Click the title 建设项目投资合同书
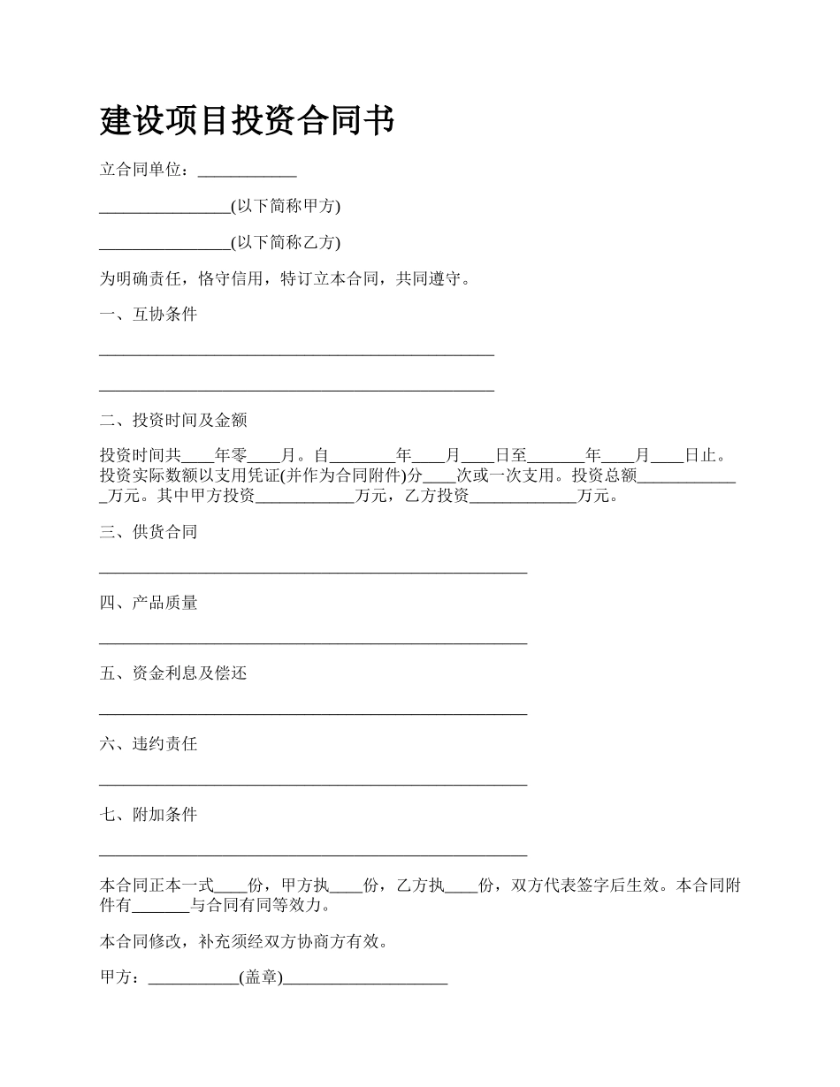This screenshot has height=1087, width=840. tap(247, 121)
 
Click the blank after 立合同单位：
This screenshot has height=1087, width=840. tap(247, 171)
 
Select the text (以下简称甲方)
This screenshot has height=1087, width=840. tap(286, 206)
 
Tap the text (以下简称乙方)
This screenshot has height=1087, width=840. tap(286, 242)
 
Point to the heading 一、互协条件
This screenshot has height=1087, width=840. tap(149, 315)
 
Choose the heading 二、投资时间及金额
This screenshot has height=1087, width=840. tap(173, 420)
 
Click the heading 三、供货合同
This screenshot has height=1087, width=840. tap(149, 532)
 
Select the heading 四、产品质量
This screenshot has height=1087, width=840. tap(149, 603)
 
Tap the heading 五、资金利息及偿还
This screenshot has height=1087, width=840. tap(173, 673)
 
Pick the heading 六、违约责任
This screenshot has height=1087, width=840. tap(149, 744)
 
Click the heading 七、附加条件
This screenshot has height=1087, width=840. tap(149, 815)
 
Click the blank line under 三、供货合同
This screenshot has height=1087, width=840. tap(313, 570)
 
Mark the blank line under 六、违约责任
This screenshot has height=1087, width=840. tap(313, 782)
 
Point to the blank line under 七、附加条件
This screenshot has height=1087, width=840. tap(313, 853)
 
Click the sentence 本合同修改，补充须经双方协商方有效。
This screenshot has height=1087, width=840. tap(244, 942)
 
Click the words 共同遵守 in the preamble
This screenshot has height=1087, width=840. tap(429, 279)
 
